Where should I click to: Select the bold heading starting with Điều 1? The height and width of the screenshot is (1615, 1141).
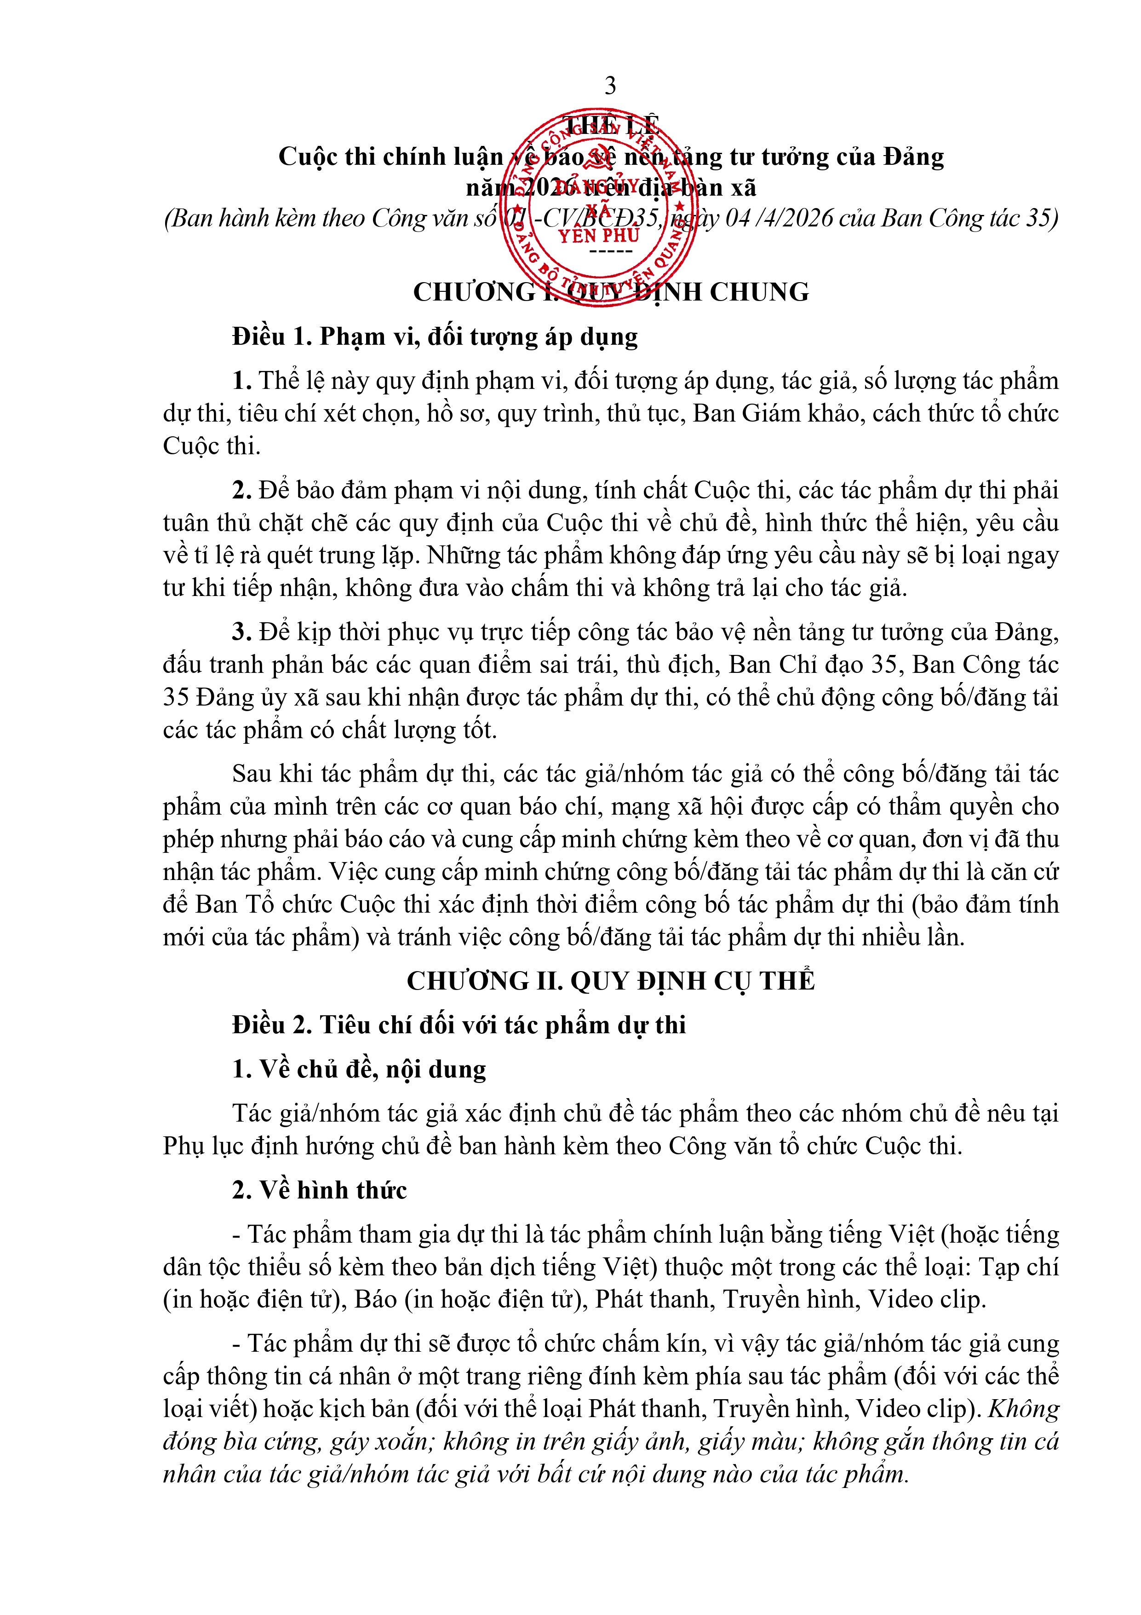tap(435, 337)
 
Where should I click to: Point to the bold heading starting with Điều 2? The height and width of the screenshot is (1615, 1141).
tap(459, 1025)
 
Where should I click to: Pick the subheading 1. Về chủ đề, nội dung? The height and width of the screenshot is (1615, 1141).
tap(359, 1069)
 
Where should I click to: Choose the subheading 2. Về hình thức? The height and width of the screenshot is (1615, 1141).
tap(320, 1190)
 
